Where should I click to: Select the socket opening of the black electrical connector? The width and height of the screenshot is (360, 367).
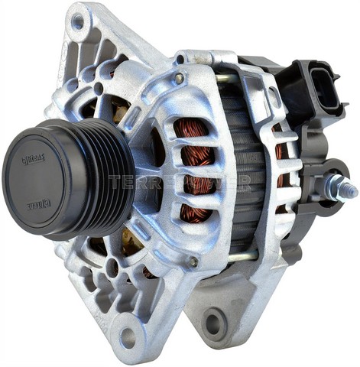325,90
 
